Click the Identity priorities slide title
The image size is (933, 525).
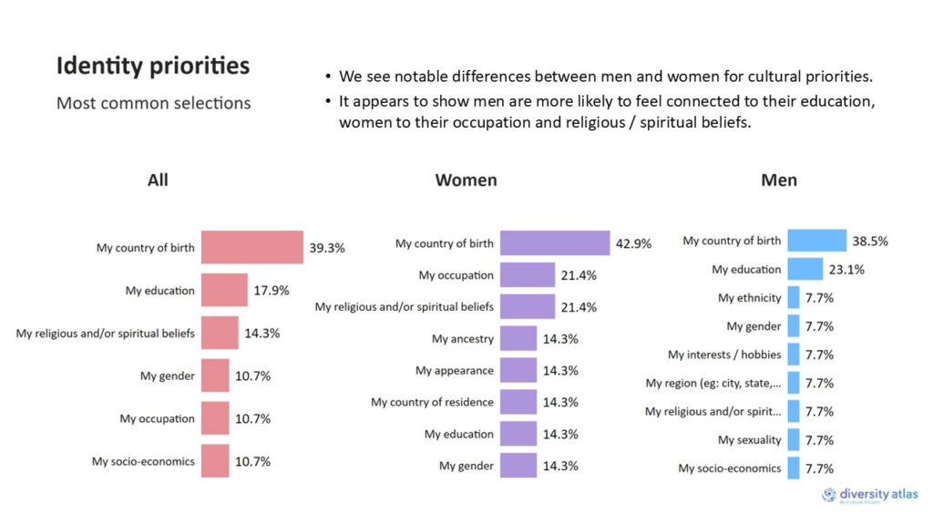[152, 67]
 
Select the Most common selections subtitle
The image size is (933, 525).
[153, 103]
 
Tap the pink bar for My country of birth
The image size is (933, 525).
[251, 247]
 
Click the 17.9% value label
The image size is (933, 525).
[272, 291]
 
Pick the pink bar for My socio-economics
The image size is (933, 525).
[215, 461]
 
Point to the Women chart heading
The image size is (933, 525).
[466, 180]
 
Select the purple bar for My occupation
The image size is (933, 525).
[528, 274]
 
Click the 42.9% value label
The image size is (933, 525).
[633, 243]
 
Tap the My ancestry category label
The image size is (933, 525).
[462, 339]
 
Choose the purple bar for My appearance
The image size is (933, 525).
[518, 370]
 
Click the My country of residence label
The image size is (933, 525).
[432, 402]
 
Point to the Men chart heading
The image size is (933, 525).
[779, 180]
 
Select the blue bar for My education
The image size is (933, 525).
[805, 270]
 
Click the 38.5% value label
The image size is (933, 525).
[870, 242]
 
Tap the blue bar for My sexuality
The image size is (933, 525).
[793, 440]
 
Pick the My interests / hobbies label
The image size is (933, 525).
[724, 355]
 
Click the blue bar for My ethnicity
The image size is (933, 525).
[793, 298]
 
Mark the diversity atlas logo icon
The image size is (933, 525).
[829, 494]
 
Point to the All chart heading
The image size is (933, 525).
[158, 180]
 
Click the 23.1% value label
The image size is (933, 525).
[846, 270]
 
